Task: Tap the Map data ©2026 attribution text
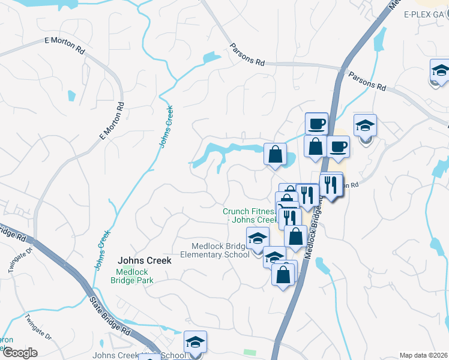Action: tap(423, 355)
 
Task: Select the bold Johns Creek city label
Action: tap(145, 260)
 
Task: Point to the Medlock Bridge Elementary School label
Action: tap(220, 250)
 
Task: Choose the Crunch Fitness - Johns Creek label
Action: tap(249, 215)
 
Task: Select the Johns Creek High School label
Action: tap(138, 355)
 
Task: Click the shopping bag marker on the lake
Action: tap(275, 155)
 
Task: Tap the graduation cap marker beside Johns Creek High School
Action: tap(195, 343)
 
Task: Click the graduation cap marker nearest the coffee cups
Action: tap(365, 126)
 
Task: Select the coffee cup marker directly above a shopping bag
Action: tap(316, 124)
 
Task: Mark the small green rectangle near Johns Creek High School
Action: tap(250, 352)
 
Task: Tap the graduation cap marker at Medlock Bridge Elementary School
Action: tap(258, 239)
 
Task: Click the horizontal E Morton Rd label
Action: tap(64, 46)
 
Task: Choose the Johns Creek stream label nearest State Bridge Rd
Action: tap(103, 250)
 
